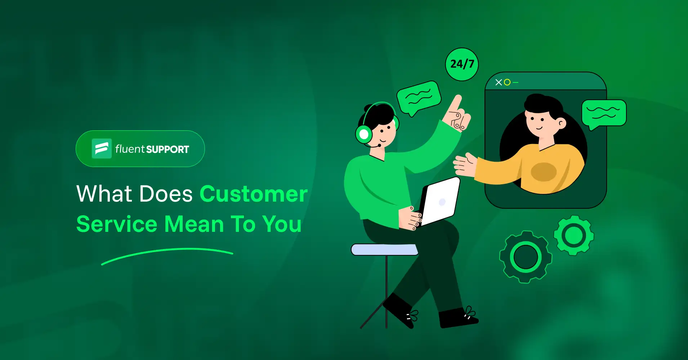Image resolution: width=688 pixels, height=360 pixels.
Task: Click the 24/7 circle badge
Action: click(462, 64)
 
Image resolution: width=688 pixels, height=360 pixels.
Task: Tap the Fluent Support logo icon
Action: click(102, 148)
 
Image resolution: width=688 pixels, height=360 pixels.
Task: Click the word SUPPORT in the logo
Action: click(167, 149)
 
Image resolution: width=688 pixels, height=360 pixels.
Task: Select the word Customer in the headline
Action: click(254, 194)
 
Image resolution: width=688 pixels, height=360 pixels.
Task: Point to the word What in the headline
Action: click(104, 194)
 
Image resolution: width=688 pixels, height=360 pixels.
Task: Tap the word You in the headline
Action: click(282, 224)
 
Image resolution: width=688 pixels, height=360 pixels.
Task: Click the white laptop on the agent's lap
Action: click(440, 202)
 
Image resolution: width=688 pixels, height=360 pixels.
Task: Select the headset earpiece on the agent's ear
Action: click(364, 134)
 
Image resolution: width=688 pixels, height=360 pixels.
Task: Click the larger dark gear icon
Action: click(526, 257)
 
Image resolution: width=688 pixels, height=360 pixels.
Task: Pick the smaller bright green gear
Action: click(573, 235)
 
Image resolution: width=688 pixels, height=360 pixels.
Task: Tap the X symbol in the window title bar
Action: click(499, 82)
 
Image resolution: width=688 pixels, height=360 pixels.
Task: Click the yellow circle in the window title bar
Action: click(507, 82)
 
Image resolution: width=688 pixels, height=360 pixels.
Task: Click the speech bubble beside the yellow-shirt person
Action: click(604, 113)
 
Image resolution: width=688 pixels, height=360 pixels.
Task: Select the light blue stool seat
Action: click(384, 249)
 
